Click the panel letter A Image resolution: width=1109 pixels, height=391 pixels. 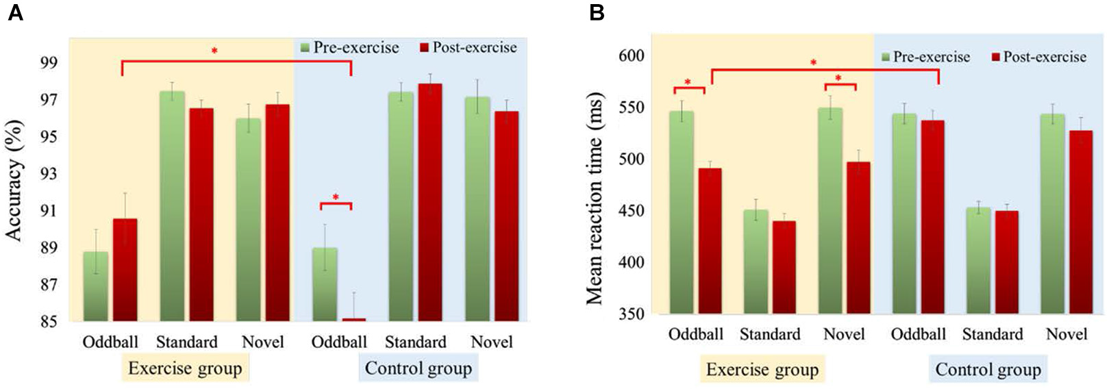tap(14, 12)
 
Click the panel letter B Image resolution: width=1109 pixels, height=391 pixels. tap(597, 12)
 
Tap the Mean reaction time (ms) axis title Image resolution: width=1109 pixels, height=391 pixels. tap(594, 199)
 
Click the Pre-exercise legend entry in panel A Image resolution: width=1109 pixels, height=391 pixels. tap(350, 47)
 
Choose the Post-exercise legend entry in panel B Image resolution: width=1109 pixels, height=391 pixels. tap(1038, 57)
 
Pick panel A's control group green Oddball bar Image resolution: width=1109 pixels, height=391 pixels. tap(325, 284)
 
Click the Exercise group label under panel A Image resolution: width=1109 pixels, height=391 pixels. tap(185, 368)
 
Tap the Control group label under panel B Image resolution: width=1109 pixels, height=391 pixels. tap(988, 370)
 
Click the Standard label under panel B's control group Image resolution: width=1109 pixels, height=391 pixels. tap(992, 334)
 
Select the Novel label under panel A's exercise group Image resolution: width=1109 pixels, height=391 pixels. tap(262, 342)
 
